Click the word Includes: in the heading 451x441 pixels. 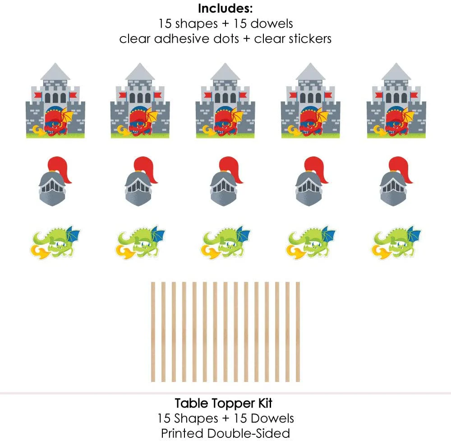click(225, 8)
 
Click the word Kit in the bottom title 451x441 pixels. click(265, 403)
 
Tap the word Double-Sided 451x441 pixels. click(249, 433)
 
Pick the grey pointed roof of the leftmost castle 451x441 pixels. click(55, 71)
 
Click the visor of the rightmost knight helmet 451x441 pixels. click(393, 187)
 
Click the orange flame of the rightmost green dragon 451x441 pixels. click(380, 252)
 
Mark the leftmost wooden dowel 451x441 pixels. click(153, 332)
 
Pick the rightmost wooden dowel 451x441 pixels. click(298, 332)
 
